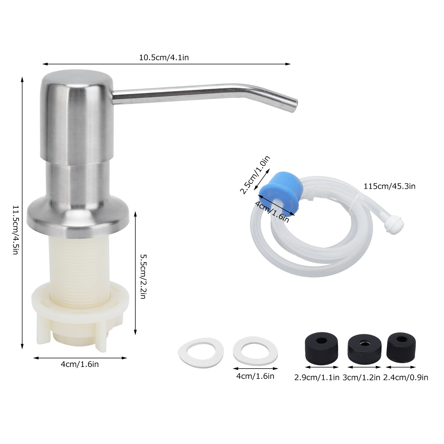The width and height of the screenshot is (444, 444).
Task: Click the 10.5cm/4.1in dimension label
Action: click(164, 57)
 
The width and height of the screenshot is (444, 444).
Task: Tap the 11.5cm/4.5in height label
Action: click(16, 230)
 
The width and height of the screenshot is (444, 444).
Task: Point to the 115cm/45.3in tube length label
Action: click(389, 186)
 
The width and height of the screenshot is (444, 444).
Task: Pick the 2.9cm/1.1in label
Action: click(317, 377)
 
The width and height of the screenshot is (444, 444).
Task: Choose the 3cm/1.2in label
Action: click(361, 377)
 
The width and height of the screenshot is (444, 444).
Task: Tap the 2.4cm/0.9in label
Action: click(405, 377)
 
